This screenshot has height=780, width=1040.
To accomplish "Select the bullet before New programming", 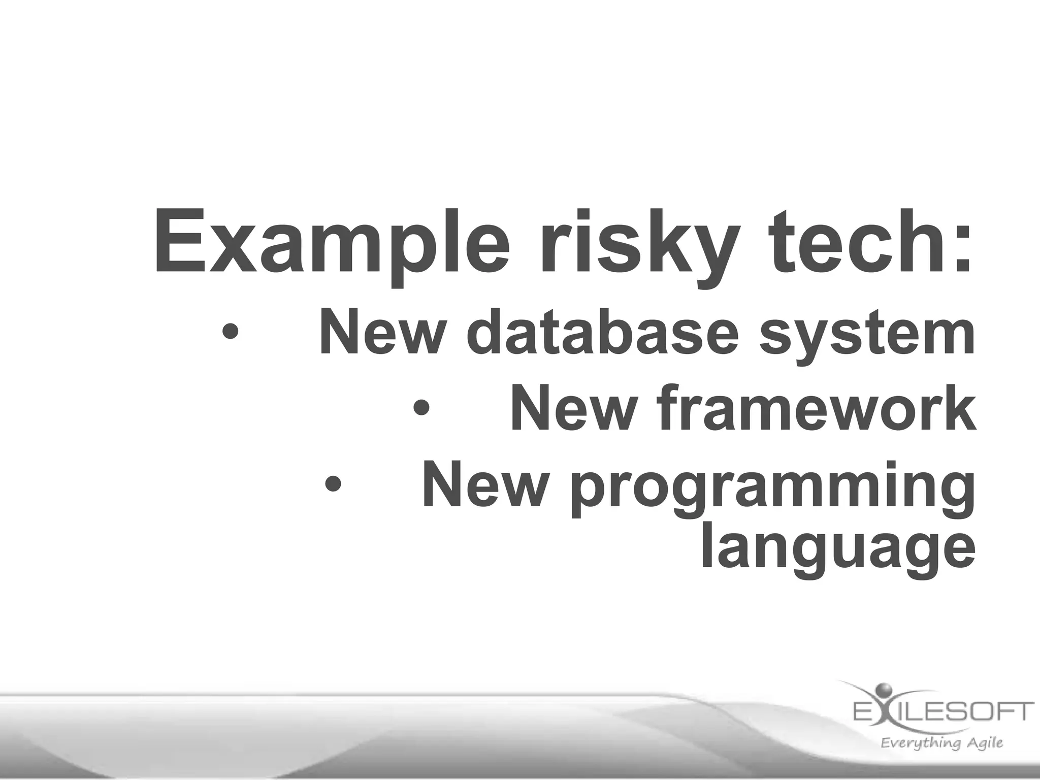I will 333,483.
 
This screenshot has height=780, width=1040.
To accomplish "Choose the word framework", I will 815,409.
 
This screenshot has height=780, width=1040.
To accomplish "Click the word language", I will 838,551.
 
